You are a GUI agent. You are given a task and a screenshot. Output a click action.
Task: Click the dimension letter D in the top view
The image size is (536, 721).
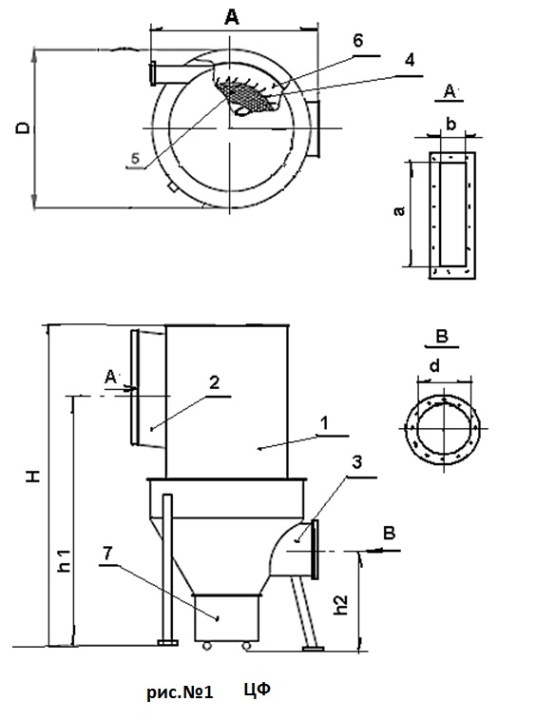(x=23, y=127)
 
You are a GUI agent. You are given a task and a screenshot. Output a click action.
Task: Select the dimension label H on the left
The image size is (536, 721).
(x=34, y=477)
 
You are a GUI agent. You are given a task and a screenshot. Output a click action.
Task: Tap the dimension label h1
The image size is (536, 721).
(x=65, y=560)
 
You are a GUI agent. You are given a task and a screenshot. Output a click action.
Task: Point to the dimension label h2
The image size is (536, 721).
(x=341, y=605)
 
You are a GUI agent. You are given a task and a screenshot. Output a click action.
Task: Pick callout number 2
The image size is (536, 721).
(x=215, y=382)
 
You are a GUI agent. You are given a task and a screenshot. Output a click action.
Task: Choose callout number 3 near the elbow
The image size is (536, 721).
(x=357, y=462)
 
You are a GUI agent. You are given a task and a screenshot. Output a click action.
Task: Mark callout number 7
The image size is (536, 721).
(x=107, y=553)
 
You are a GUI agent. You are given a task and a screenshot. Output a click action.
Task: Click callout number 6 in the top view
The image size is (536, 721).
(x=357, y=41)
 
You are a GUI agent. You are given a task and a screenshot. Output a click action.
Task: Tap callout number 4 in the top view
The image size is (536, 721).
(x=410, y=59)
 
